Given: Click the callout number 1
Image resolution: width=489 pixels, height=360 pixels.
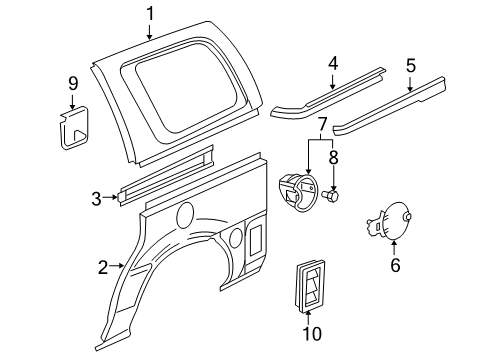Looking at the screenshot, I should (150, 13).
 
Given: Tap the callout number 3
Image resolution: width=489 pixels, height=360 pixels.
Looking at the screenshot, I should (97, 198).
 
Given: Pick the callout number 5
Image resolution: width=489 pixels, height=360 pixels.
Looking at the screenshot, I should (410, 66).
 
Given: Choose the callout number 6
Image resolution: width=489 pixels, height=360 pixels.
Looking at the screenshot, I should (394, 266).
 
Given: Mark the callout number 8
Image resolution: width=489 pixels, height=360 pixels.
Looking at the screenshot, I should (334, 157).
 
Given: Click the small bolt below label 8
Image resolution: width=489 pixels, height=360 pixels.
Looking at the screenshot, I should (334, 198).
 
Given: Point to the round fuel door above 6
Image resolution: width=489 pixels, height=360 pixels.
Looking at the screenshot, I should (400, 219).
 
